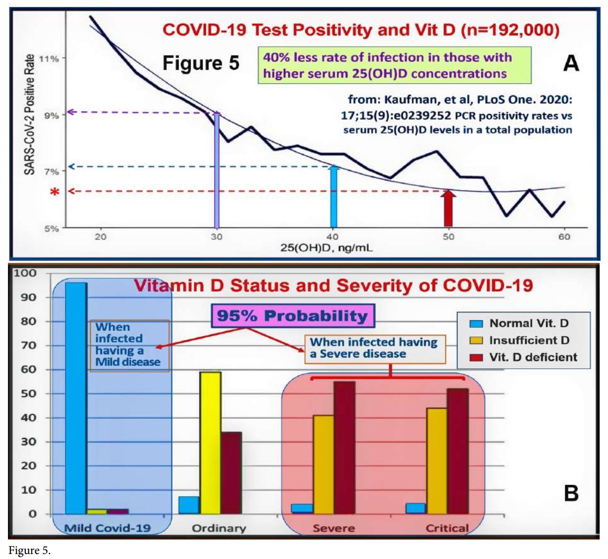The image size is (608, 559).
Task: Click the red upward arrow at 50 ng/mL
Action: pyautogui.click(x=449, y=209)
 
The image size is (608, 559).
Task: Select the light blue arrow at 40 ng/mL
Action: pyautogui.click(x=334, y=197)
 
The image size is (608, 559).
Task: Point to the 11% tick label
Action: pyautogui.click(x=49, y=59)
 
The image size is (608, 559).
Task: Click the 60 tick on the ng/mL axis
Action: pyautogui.click(x=564, y=237)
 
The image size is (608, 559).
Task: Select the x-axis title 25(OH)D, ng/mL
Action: pyautogui.click(x=326, y=247)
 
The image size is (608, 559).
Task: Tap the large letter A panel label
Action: pyautogui.click(x=571, y=64)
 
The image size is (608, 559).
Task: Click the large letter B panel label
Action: pyautogui.click(x=571, y=493)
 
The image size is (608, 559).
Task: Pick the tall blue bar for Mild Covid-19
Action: pyautogui.click(x=76, y=398)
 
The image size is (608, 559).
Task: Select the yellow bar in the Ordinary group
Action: pyautogui.click(x=210, y=442)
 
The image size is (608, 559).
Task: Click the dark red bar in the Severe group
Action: pyautogui.click(x=344, y=447)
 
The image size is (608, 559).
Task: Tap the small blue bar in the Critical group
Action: pyautogui.click(x=415, y=508)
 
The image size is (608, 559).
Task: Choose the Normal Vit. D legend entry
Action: pyautogui.click(x=529, y=323)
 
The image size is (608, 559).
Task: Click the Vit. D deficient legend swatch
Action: pyautogui.click(x=476, y=357)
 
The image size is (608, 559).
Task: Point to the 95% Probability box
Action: pyautogui.click(x=292, y=316)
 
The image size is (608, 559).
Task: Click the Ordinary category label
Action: pyautogui.click(x=219, y=528)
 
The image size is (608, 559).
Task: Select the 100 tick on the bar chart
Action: pyautogui.click(x=25, y=273)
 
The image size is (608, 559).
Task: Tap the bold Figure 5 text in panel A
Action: pyautogui.click(x=201, y=63)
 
